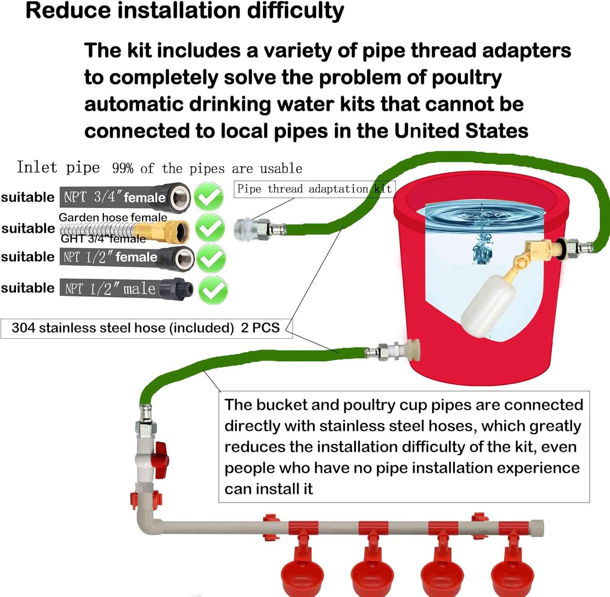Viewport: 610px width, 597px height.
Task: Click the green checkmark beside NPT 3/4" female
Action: tap(209, 197)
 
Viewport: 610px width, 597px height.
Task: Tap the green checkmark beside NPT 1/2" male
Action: tap(213, 290)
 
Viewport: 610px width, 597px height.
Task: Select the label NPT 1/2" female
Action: tap(110, 257)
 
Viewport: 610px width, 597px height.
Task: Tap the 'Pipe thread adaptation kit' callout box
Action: tap(314, 189)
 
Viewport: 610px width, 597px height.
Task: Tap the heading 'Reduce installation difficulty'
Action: tap(185, 11)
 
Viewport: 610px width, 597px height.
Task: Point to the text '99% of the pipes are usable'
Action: tap(207, 169)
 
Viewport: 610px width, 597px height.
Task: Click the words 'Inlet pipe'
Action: tap(58, 167)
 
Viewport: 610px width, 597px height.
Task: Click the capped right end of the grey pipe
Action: tap(538, 528)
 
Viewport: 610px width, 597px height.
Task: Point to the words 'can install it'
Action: tap(268, 489)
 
